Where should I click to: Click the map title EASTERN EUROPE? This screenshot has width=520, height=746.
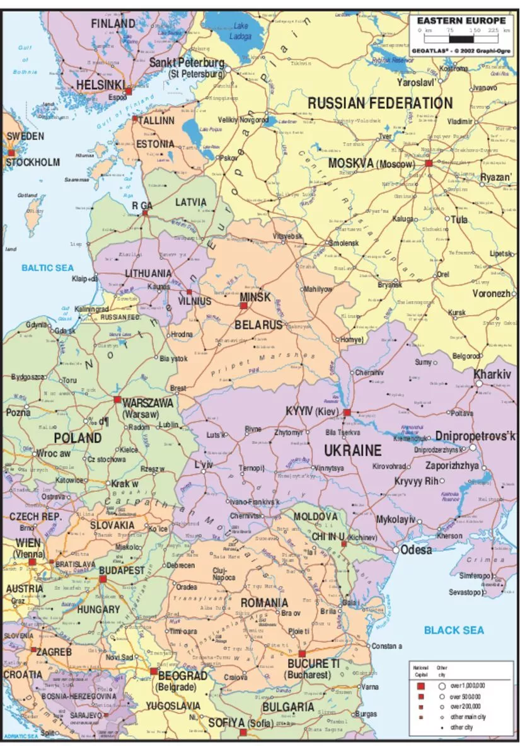[x=461, y=21]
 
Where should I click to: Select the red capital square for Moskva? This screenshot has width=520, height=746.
[x=429, y=163]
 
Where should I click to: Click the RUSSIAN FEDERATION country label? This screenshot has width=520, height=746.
[x=379, y=103]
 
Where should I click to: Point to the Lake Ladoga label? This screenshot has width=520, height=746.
[x=241, y=31]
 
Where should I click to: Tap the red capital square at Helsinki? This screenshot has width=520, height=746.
[x=129, y=91]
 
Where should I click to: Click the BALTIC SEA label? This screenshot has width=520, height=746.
[x=47, y=268]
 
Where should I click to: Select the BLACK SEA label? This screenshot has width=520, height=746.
[x=454, y=630]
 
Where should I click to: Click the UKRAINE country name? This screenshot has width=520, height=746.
[x=353, y=450]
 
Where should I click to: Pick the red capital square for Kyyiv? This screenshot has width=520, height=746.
[x=347, y=412]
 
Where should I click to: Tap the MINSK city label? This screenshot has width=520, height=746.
[x=255, y=296]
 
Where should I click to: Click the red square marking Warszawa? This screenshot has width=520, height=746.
[x=117, y=399]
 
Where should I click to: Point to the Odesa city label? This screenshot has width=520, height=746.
[x=417, y=550]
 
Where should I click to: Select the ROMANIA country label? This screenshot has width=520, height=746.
[x=264, y=603]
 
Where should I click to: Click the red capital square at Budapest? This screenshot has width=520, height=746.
[x=103, y=579]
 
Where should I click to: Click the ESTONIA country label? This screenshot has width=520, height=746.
[x=155, y=144]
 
